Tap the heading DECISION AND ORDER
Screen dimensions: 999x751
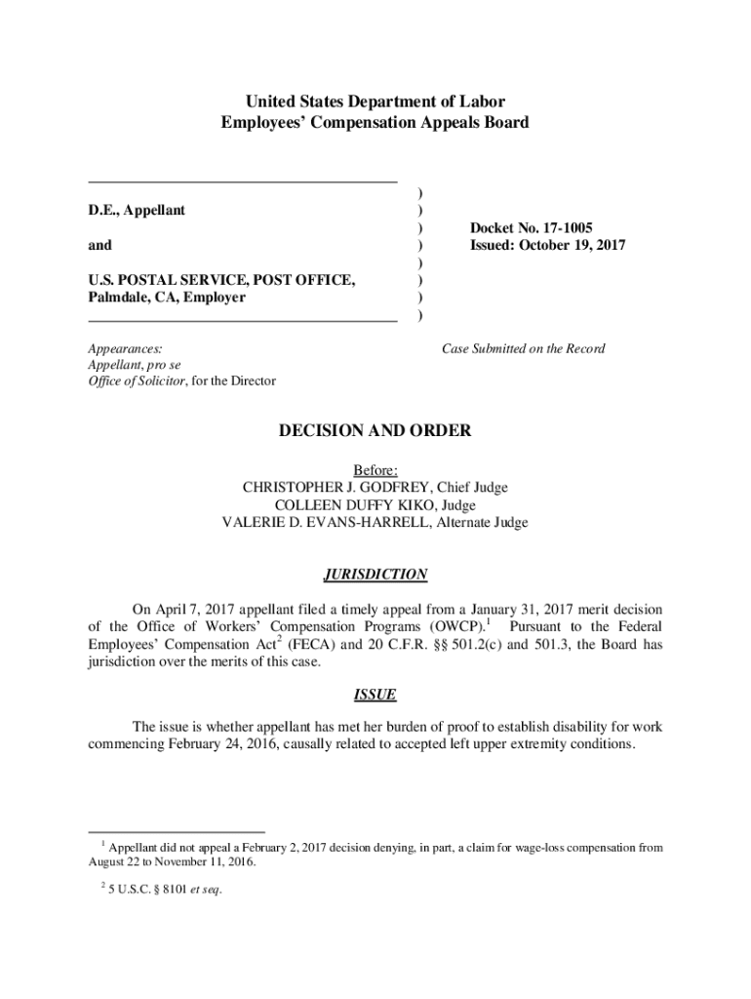tap(375, 430)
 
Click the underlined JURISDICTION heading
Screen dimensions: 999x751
tap(375, 575)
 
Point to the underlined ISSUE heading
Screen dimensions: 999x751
tap(375, 695)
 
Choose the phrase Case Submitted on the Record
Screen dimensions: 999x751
tap(523, 348)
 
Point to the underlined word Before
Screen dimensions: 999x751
tap(375, 469)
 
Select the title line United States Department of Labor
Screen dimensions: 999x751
tap(375, 101)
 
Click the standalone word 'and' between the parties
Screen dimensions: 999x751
tap(99, 245)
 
